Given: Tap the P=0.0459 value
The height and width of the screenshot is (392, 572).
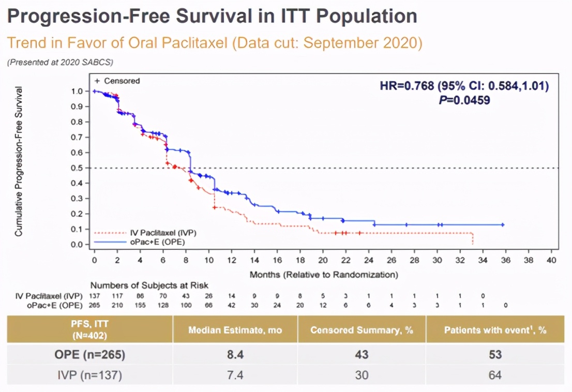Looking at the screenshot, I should point(463,100).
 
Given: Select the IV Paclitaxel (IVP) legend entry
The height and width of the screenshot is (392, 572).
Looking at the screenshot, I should point(161,233).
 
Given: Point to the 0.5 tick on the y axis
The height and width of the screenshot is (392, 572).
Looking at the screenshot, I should point(77,168).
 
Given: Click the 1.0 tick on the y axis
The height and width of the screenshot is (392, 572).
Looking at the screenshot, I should point(77,91).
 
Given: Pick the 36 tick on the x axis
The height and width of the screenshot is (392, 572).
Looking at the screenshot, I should point(506,260).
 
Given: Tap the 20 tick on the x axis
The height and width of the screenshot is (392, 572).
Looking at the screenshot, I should point(323,260).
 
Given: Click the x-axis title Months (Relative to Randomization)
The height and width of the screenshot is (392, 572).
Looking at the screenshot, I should point(324,274).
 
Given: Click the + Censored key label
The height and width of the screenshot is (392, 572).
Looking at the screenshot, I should point(117,81).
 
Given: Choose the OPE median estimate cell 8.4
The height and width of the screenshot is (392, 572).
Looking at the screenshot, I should point(235,355).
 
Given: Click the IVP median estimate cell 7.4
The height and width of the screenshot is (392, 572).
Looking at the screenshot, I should point(235,374).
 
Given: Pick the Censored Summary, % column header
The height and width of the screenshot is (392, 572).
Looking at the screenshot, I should point(362,330).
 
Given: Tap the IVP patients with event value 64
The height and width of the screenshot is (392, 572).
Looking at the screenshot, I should point(495,374).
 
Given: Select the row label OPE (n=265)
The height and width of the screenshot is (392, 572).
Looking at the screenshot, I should point(90,355).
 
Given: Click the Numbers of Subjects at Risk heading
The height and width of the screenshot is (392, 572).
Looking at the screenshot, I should point(149,285).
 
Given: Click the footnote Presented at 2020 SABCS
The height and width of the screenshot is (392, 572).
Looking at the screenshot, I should point(60,62).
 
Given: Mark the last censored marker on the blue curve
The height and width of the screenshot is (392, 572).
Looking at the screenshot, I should point(502,225).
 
